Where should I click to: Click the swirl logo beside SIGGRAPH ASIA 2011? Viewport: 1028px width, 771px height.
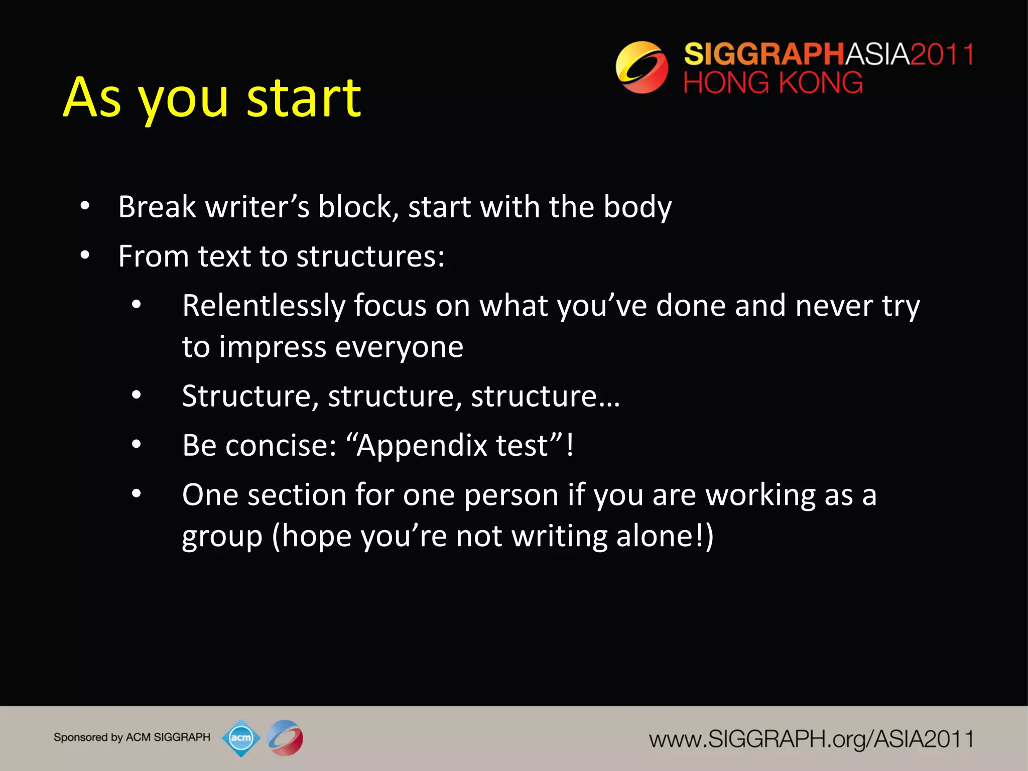pyautogui.click(x=641, y=67)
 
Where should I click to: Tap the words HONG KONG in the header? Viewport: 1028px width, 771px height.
pyautogui.click(x=773, y=83)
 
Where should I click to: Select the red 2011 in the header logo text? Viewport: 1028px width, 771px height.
pyautogui.click(x=942, y=54)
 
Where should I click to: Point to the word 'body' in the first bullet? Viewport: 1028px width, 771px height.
pyautogui.click(x=637, y=207)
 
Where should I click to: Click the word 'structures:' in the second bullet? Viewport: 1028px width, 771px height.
pyautogui.click(x=370, y=256)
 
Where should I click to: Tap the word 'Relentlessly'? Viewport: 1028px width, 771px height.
pyautogui.click(x=264, y=306)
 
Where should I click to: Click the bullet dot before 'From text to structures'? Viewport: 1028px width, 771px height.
pyautogui.click(x=85, y=256)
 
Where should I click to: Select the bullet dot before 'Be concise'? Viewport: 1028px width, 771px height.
pyautogui.click(x=137, y=445)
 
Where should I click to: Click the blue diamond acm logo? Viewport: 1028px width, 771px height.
pyautogui.click(x=241, y=738)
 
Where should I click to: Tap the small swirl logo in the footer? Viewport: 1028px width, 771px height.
pyautogui.click(x=285, y=738)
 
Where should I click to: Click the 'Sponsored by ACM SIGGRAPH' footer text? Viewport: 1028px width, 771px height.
pyautogui.click(x=132, y=737)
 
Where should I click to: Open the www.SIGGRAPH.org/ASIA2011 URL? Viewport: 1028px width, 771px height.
pyautogui.click(x=811, y=739)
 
